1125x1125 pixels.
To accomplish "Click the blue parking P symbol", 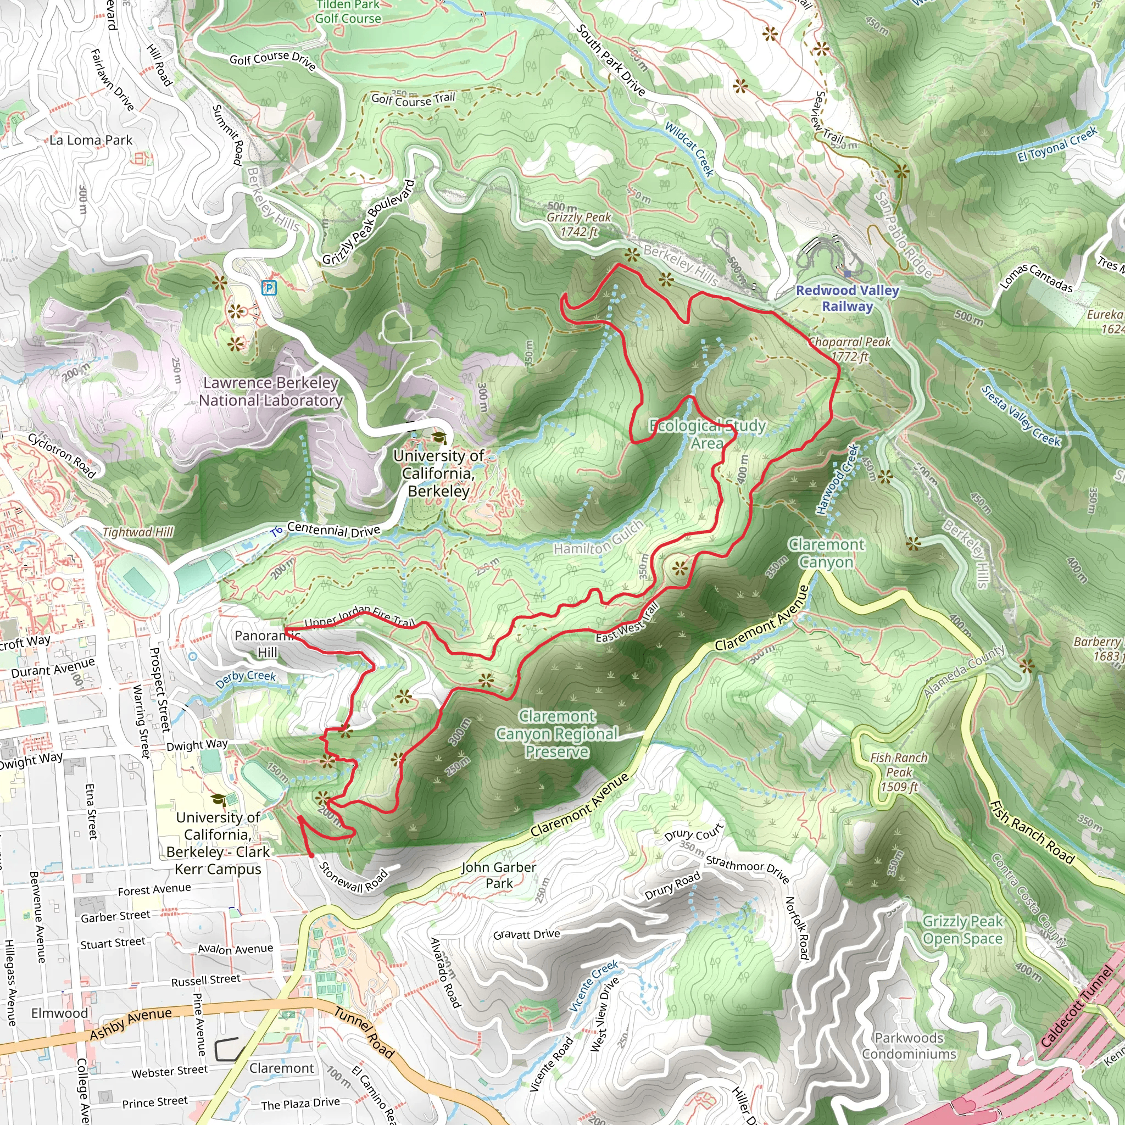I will click(269, 287).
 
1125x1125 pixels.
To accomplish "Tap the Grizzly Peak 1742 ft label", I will click(578, 224).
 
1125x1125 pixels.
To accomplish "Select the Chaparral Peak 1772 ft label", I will click(850, 349).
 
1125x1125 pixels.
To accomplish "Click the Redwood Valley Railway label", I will click(847, 298).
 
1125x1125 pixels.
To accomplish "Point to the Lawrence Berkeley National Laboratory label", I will click(270, 391).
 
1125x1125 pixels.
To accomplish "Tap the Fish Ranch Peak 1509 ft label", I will click(899, 772).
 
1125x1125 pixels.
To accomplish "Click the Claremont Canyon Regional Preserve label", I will click(556, 734).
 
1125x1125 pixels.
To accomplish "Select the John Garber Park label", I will click(498, 875).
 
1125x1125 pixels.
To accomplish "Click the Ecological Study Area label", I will click(707, 435).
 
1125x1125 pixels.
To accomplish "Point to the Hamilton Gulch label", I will click(599, 539).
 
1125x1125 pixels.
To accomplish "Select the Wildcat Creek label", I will click(689, 149).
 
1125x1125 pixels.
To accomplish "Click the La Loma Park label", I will click(91, 140).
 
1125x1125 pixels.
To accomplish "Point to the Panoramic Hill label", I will click(266, 643).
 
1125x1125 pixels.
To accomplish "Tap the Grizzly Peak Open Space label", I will click(962, 930).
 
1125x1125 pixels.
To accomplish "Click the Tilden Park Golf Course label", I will click(348, 12).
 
